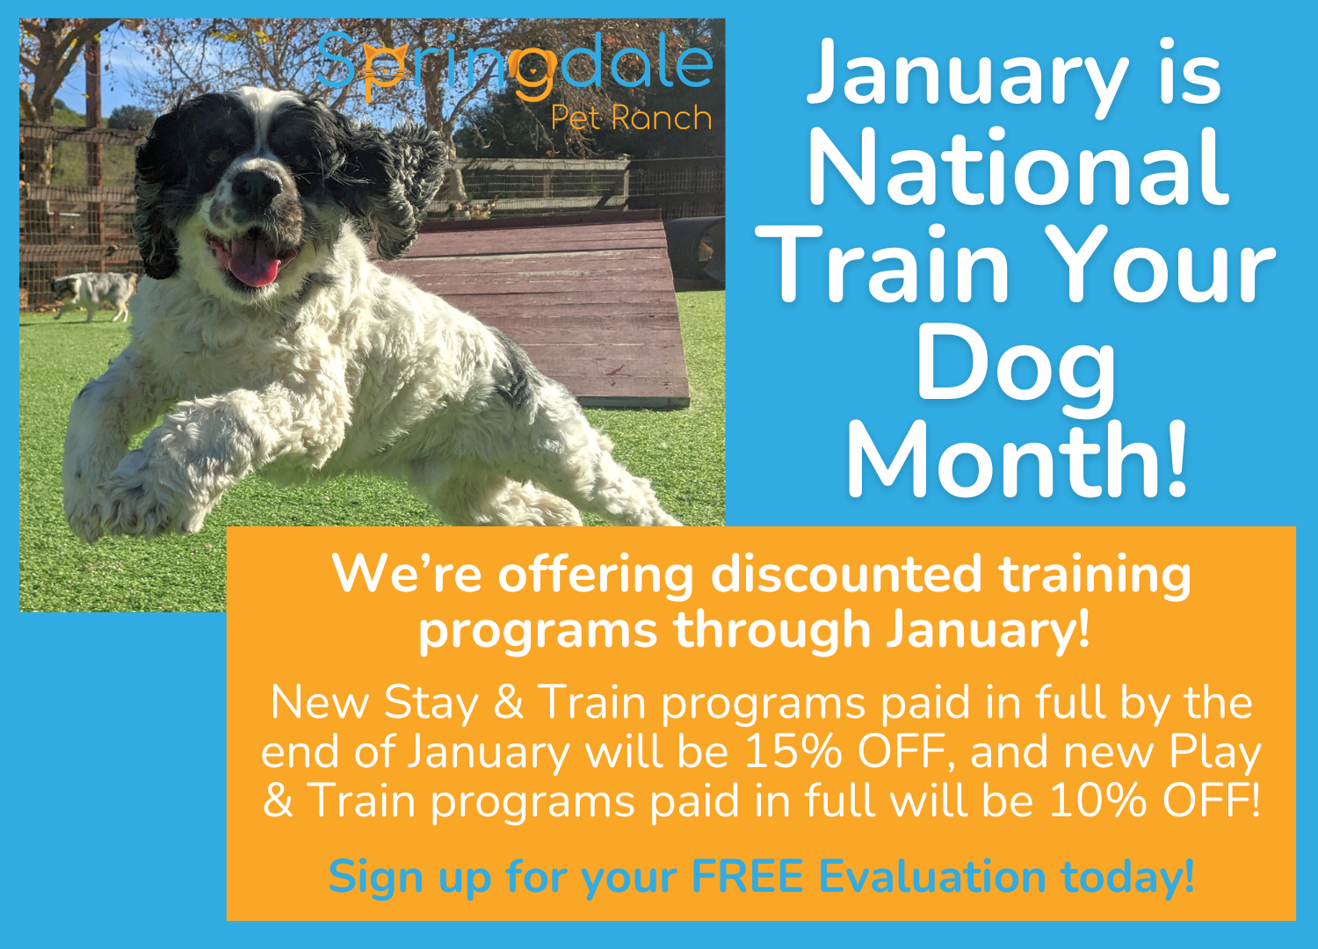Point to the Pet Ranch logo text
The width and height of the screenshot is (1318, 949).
(631, 118)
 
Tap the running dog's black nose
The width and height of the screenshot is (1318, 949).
(257, 186)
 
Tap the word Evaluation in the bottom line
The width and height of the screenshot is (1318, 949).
(932, 877)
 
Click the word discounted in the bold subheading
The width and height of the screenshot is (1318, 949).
(844, 575)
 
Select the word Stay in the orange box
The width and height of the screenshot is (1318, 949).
(431, 704)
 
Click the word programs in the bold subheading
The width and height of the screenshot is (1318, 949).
(537, 631)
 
